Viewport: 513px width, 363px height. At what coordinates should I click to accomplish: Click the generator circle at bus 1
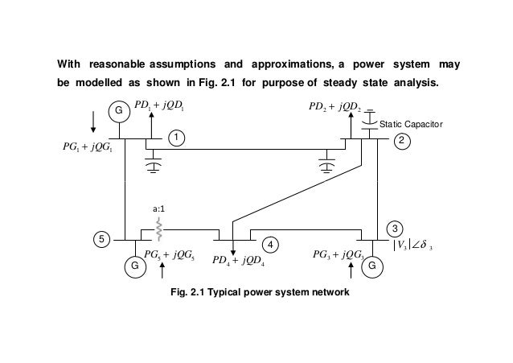pos(120,110)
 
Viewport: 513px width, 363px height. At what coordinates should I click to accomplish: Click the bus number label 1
pos(174,138)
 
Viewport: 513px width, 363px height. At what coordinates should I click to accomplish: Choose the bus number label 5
pos(100,240)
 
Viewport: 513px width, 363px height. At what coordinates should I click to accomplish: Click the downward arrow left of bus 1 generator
pos(94,122)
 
